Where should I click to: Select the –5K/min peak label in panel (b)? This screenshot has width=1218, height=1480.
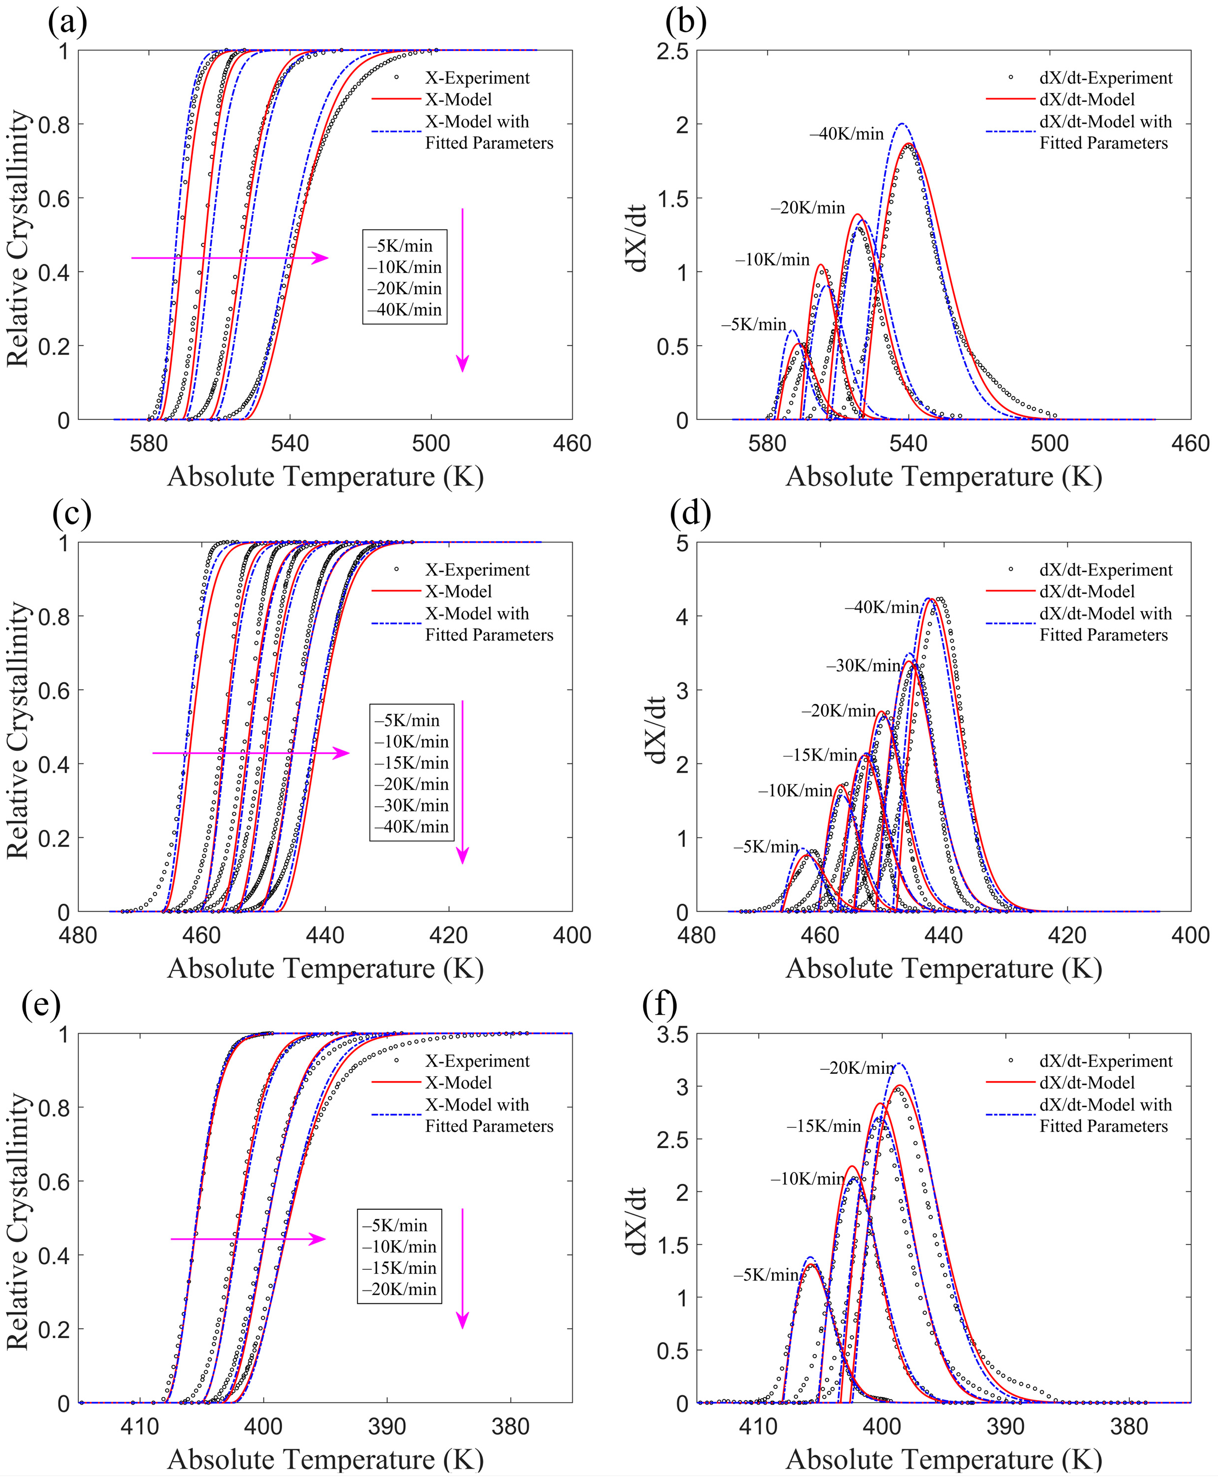tap(753, 324)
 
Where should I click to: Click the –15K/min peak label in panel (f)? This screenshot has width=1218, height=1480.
tap(823, 1126)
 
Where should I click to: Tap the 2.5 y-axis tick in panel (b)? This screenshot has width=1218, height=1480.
tap(672, 51)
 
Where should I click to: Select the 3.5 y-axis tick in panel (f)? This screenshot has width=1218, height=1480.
tap(672, 1035)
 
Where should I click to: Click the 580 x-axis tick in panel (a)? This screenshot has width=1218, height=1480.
tap(148, 443)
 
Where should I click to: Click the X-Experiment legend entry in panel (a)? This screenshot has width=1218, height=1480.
tap(477, 78)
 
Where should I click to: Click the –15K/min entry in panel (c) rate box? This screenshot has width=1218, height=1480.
tap(411, 763)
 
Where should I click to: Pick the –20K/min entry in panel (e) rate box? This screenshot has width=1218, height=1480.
tap(399, 1289)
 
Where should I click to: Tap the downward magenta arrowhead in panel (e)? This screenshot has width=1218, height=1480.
tap(462, 1320)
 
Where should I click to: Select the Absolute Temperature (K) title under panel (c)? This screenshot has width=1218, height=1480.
tap(325, 969)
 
